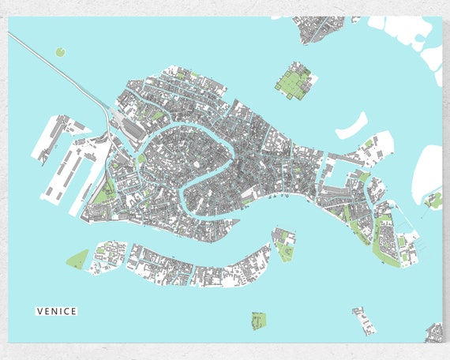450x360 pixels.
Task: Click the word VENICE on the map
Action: [57, 311]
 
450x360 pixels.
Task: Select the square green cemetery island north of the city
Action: [294, 82]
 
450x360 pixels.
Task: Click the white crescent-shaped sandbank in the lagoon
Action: [352, 126]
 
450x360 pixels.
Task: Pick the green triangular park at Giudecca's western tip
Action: [77, 259]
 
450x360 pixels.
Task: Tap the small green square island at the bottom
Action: [258, 320]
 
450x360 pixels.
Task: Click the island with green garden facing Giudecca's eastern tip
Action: [284, 246]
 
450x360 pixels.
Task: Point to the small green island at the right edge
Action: [433, 201]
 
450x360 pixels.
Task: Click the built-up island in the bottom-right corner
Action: [434, 332]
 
